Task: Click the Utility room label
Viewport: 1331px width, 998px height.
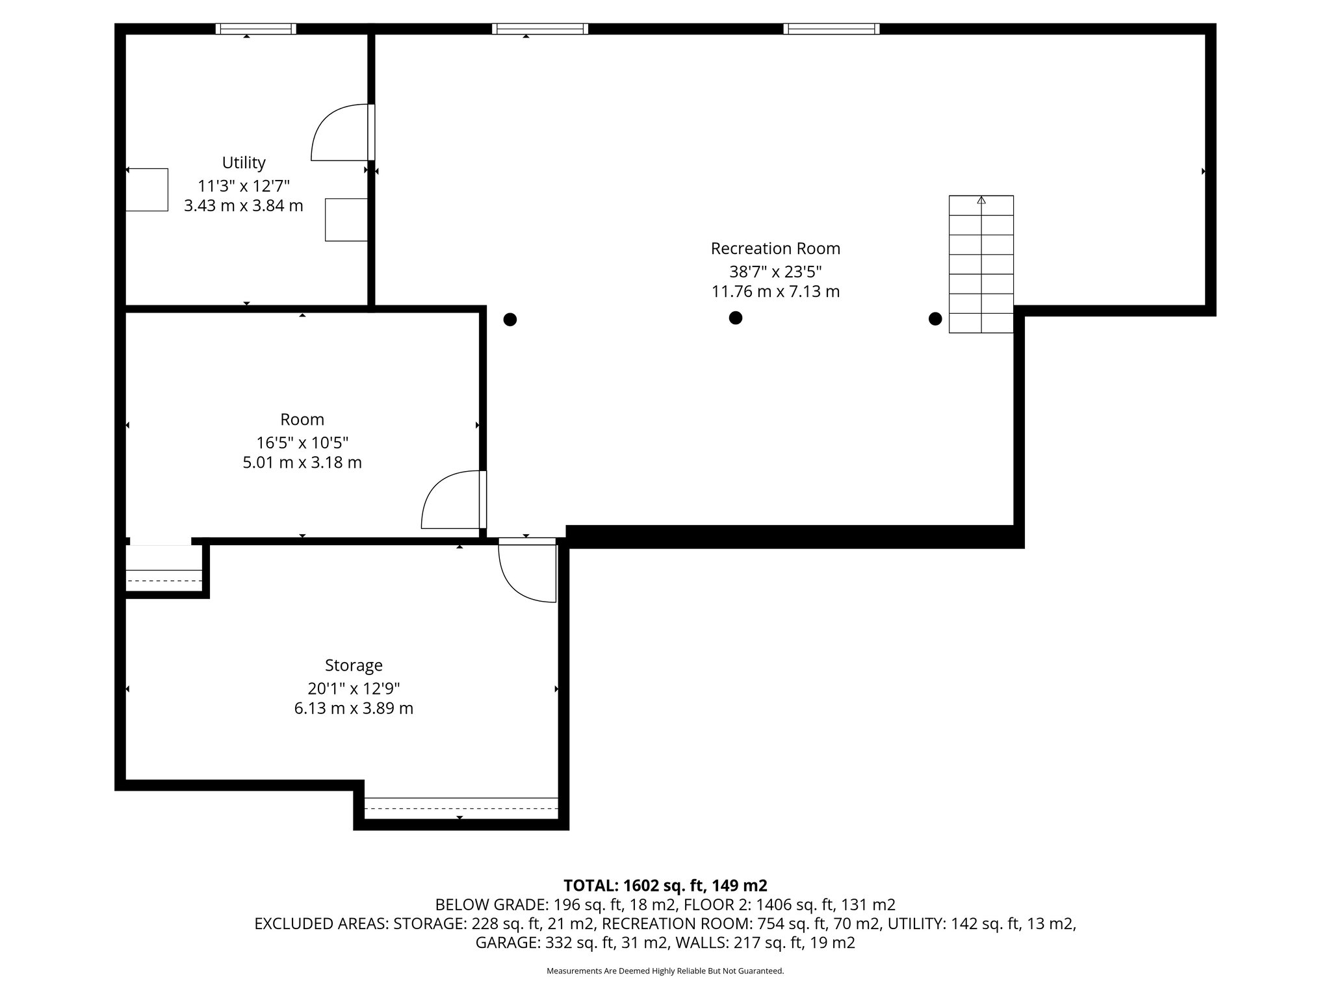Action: (x=244, y=162)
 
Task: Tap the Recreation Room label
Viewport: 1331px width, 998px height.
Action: (x=775, y=249)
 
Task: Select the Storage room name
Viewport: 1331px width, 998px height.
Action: (x=354, y=665)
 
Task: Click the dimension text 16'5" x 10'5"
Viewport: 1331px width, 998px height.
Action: (x=302, y=443)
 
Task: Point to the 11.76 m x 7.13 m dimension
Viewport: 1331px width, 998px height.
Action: (x=775, y=292)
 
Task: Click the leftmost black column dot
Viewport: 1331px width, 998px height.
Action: (x=510, y=319)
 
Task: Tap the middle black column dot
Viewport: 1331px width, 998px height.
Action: (x=735, y=318)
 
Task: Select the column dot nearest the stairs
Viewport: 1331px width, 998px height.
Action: (x=935, y=318)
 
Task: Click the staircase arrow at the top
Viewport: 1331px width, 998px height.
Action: (x=981, y=200)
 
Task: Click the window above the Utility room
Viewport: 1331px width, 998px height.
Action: (x=255, y=29)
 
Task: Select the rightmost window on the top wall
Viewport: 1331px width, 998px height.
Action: (x=831, y=29)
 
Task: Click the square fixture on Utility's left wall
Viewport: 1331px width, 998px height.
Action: (x=147, y=190)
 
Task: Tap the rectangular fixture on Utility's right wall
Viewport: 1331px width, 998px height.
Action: (x=346, y=220)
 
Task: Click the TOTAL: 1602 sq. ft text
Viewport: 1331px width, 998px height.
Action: (x=665, y=886)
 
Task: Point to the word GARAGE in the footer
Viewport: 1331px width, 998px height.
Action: (x=505, y=943)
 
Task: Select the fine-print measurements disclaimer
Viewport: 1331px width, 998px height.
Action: (x=665, y=971)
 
